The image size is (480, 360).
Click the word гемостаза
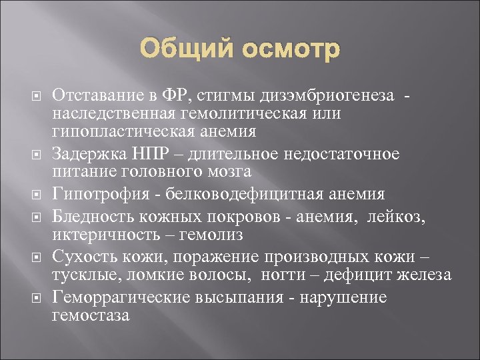90,314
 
